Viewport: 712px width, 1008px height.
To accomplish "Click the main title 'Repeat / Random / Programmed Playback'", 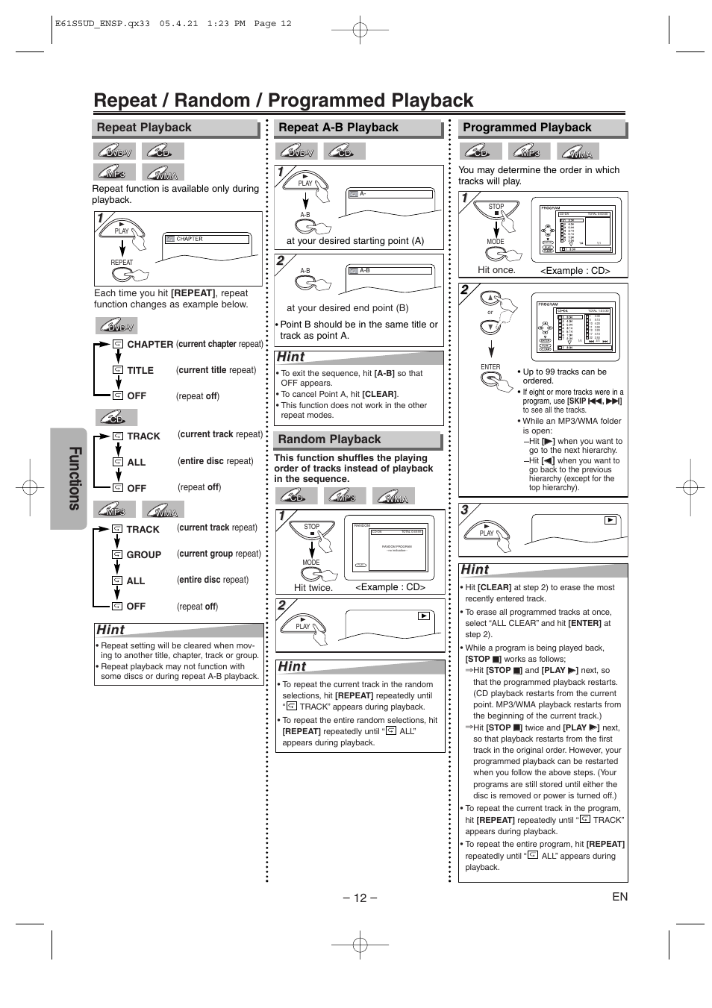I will (284, 101).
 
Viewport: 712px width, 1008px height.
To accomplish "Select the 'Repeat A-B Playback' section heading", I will (338, 128).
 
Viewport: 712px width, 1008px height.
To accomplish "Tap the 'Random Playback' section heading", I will (329, 439).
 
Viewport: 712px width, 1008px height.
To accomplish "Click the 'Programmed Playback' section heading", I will (527, 128).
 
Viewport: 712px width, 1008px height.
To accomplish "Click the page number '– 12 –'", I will (360, 898).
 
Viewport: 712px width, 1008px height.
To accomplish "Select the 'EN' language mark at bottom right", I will (619, 897).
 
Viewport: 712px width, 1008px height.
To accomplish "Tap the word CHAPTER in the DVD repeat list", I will (150, 345).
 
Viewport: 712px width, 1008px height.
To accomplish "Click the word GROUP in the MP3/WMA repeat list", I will (144, 555).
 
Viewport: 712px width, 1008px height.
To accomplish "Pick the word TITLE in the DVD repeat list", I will (140, 371).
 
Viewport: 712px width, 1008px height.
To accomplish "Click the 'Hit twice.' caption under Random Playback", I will (313, 588).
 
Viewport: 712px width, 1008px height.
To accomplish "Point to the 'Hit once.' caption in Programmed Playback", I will (496, 270).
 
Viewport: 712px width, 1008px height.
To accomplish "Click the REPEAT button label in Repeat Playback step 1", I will (122, 263).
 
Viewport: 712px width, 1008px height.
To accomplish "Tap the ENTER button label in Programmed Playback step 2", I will (490, 367).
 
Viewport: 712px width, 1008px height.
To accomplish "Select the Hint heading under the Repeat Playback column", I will (110, 630).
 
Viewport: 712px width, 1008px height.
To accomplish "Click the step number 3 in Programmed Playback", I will (464, 510).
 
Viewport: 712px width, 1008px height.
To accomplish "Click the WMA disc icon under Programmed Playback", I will (580, 152).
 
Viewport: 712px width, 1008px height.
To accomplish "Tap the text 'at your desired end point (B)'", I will (347, 308).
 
